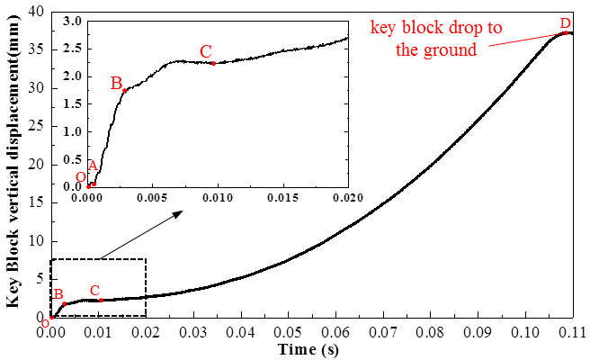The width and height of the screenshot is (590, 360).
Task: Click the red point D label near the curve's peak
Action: coord(565,22)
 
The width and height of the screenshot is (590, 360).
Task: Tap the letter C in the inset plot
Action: coord(206,50)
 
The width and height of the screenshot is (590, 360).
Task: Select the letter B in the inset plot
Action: coord(116,83)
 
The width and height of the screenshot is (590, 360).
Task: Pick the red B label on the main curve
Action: coord(58,293)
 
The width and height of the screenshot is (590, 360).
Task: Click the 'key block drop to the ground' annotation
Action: coord(436,39)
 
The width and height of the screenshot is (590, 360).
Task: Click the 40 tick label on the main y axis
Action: coord(35,12)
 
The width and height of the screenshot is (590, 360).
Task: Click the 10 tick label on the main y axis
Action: coord(35,241)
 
